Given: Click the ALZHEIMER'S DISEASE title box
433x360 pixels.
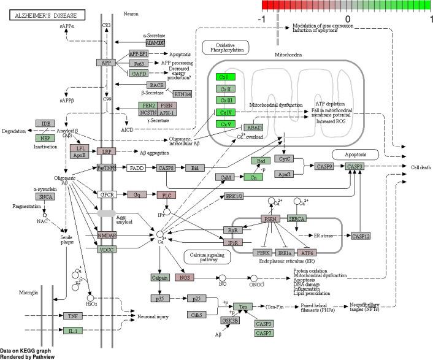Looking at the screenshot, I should tap(38, 17).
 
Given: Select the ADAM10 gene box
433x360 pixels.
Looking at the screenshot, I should tap(155, 43).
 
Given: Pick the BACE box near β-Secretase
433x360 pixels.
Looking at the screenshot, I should tap(156, 85).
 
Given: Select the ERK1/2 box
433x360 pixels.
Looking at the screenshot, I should tap(234, 196).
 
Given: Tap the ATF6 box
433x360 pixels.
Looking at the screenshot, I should tap(306, 252).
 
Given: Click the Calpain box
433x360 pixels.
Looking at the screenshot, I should tap(159, 277).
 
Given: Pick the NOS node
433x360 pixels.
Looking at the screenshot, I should tap(184, 277).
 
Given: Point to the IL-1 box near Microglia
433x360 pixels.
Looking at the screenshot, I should tap(72, 331).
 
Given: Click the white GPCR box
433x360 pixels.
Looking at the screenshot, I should tap(107, 194).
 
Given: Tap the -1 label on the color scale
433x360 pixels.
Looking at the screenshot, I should tap(262, 19).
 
